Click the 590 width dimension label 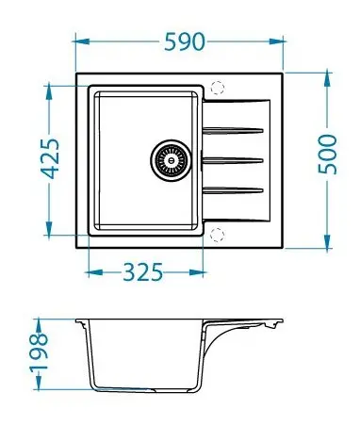coord(185,41)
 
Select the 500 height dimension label coord(327,155)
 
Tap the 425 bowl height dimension coord(50,158)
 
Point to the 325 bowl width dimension coord(143,272)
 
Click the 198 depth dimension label coord(39,352)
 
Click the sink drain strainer coord(171,160)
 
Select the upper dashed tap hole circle coord(218,88)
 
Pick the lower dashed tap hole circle coord(217,235)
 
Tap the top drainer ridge coord(233,130)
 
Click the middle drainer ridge coord(233,160)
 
